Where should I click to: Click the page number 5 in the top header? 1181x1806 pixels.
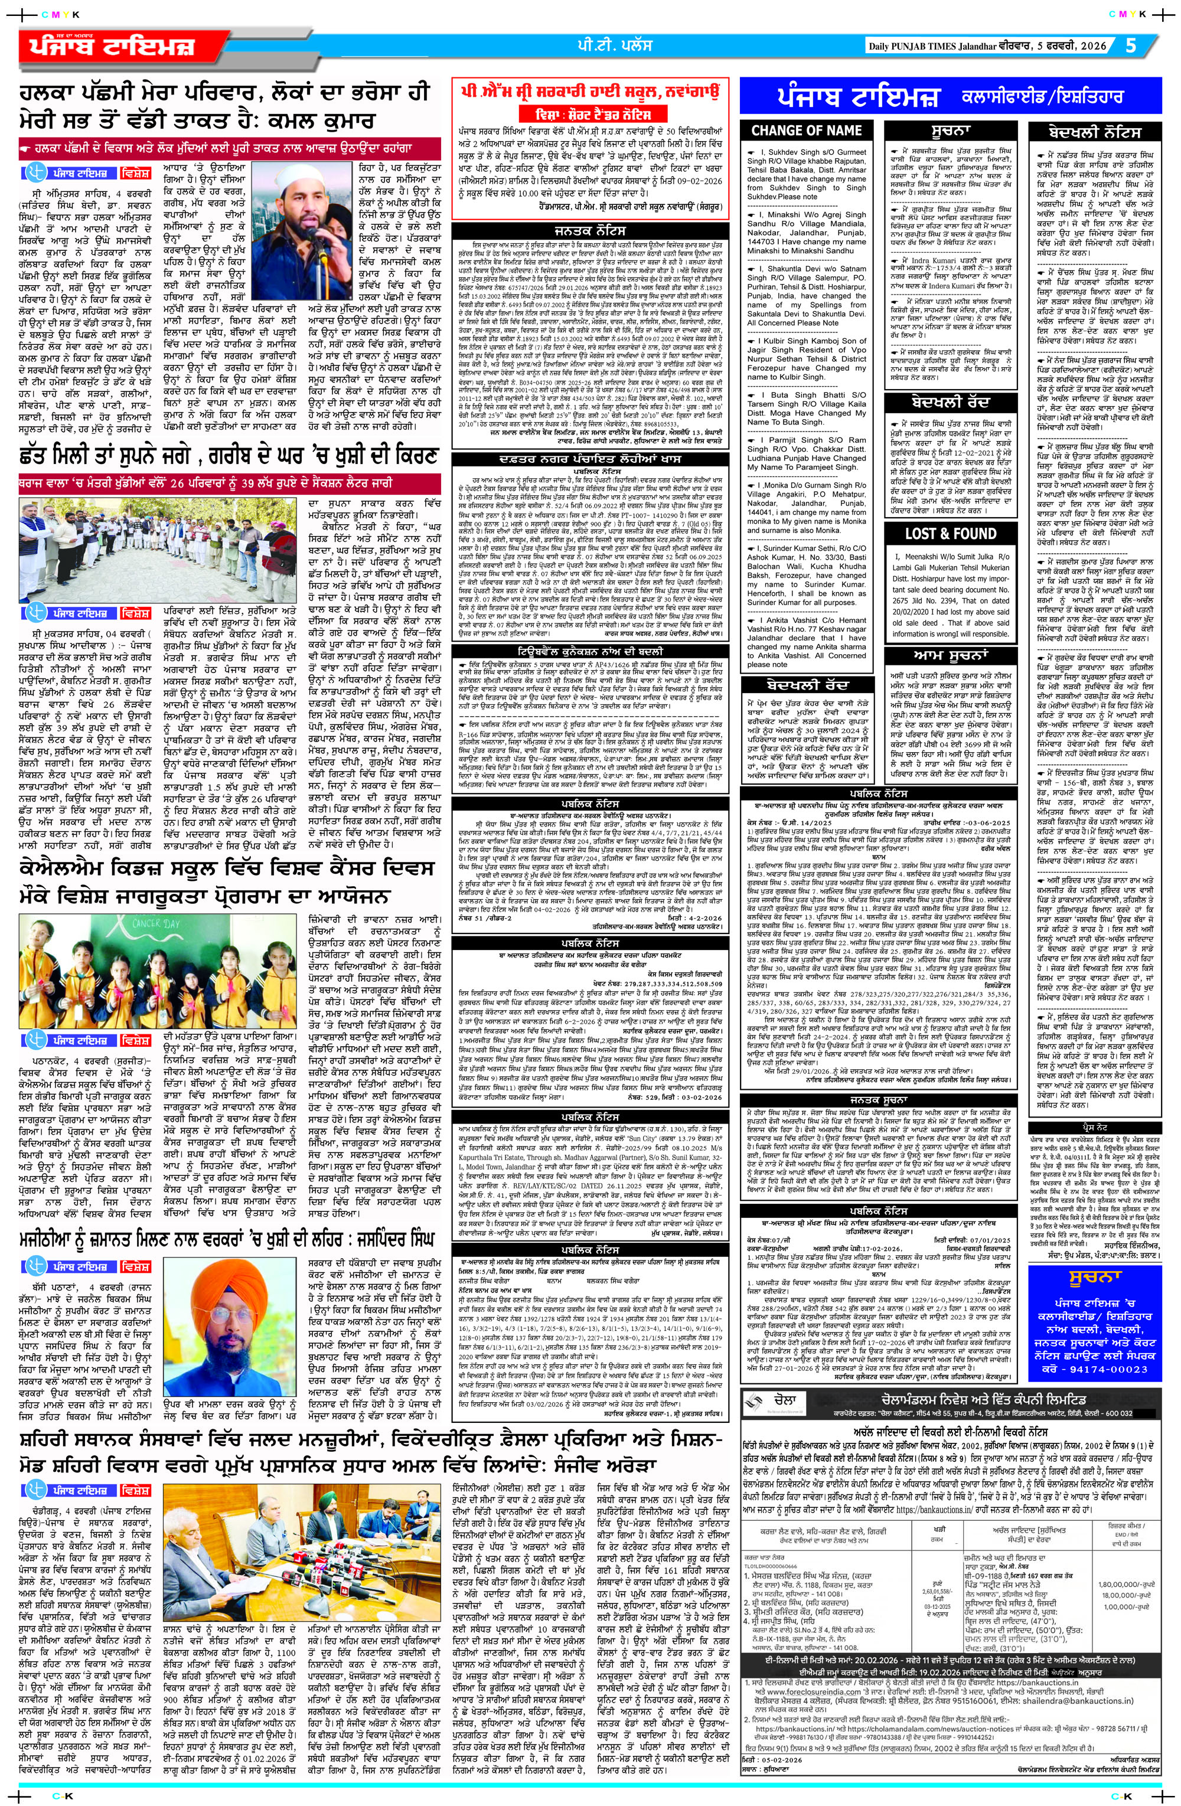coord(1131,45)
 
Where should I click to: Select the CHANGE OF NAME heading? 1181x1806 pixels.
coord(806,130)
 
